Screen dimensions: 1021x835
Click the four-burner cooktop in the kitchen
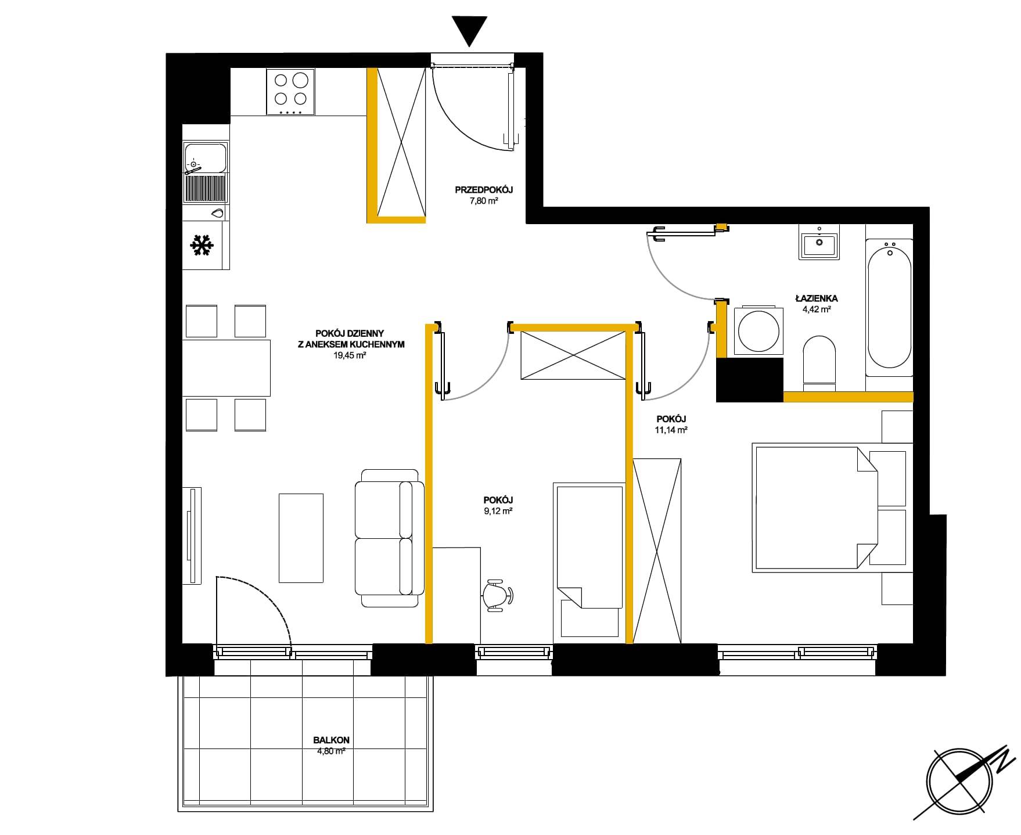(x=291, y=91)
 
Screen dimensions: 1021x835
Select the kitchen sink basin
(x=205, y=158)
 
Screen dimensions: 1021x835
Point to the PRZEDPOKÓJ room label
(x=484, y=190)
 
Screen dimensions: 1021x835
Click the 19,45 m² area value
(x=349, y=356)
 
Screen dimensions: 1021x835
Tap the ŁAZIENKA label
(x=817, y=298)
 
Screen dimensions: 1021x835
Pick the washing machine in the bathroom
(x=758, y=330)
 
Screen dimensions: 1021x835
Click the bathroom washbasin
(x=819, y=244)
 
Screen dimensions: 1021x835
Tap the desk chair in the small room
(x=498, y=595)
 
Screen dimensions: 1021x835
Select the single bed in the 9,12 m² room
(x=589, y=548)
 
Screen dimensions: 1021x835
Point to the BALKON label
(x=331, y=740)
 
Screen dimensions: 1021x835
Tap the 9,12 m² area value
(x=498, y=512)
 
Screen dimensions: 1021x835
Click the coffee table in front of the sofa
(x=301, y=538)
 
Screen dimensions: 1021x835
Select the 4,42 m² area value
(x=817, y=309)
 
